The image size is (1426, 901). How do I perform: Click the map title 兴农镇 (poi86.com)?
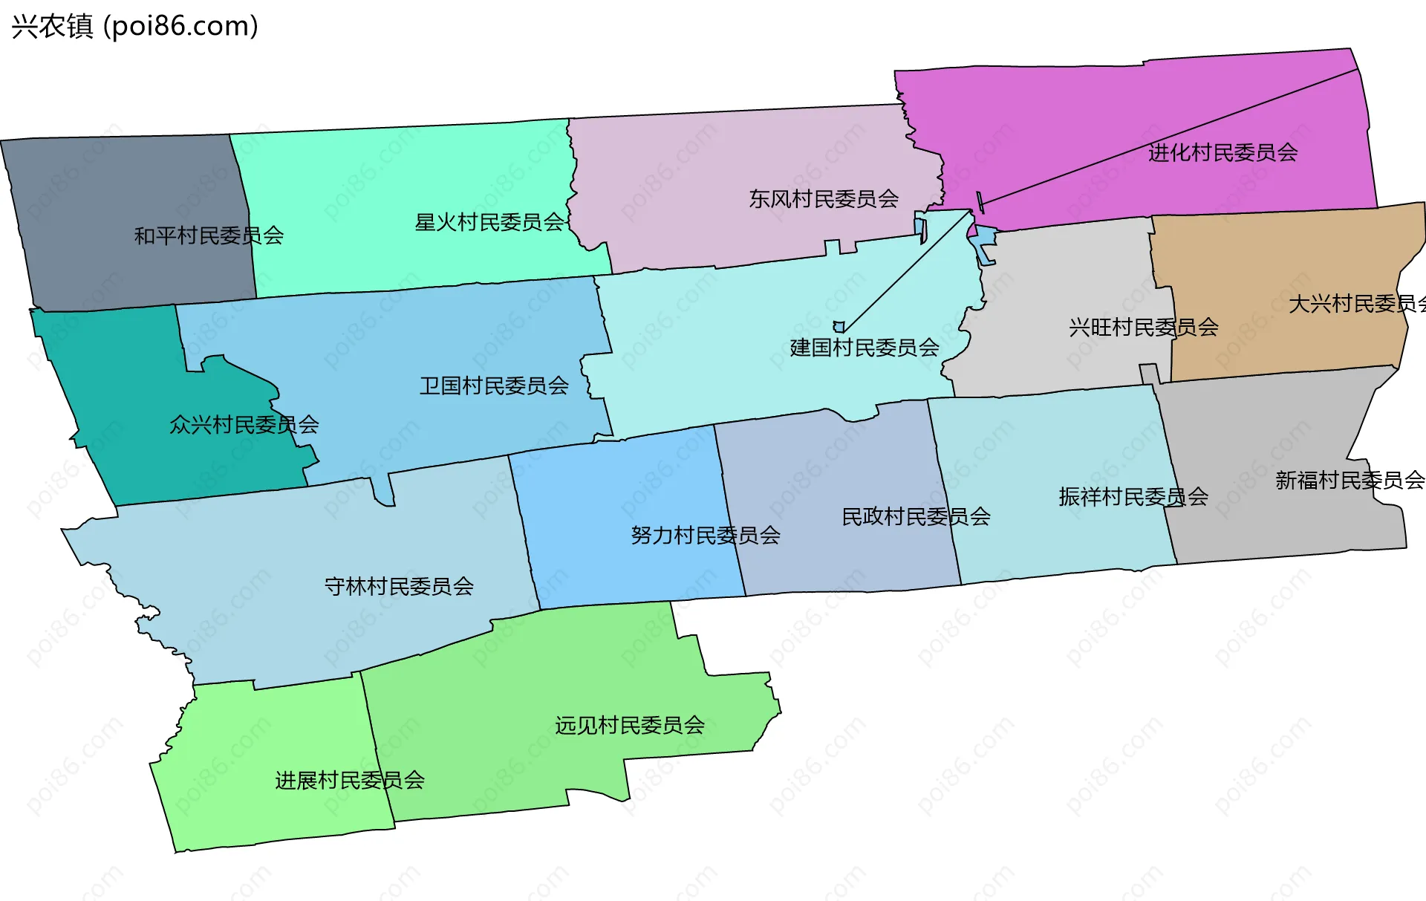(134, 26)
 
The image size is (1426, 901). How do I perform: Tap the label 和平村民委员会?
(209, 236)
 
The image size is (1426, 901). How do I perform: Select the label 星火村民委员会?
(489, 222)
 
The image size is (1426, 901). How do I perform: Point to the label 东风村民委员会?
(824, 199)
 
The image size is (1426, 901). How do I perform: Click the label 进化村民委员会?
(1222, 153)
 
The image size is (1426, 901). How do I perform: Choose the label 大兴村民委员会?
(1356, 304)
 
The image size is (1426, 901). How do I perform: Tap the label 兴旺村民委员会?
(1144, 327)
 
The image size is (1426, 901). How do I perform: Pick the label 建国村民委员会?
(865, 348)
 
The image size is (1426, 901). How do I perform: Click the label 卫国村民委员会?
(494, 386)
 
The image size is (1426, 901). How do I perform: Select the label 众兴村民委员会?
(244, 425)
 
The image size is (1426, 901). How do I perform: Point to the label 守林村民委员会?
(399, 587)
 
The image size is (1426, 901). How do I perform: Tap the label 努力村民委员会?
(706, 536)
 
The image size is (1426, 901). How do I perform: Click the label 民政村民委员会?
(916, 517)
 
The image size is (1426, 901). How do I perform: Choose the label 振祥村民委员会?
(1133, 497)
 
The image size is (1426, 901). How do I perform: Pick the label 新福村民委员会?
(1350, 481)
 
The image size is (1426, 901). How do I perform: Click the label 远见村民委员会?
(630, 725)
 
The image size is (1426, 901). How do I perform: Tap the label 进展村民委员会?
(350, 781)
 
